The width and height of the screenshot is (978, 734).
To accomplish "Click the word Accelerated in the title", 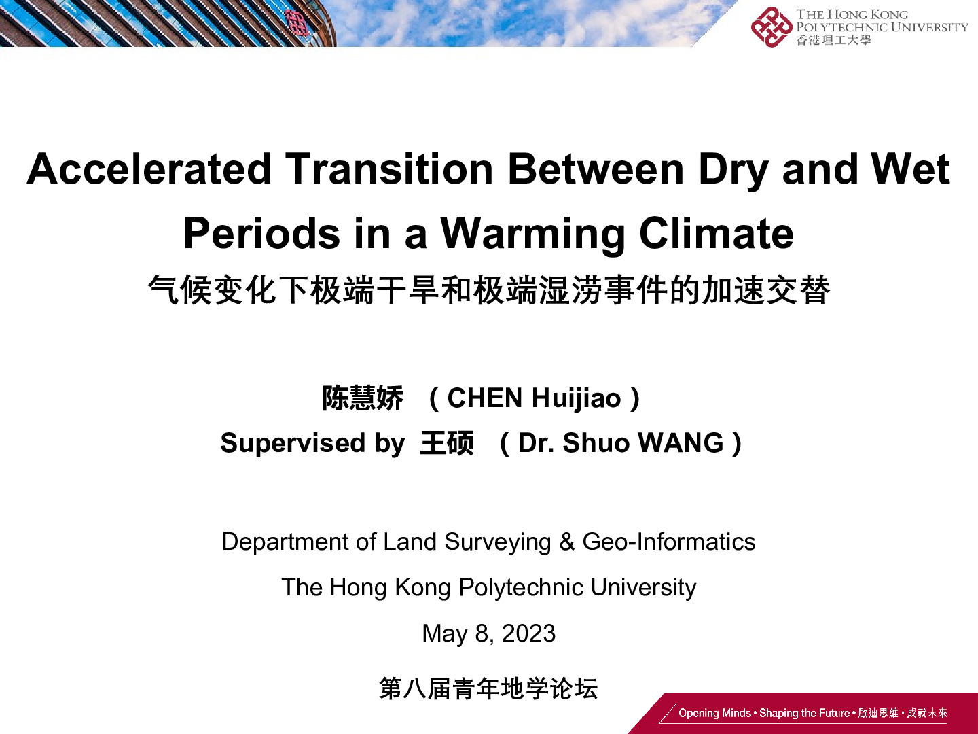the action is coord(149,169).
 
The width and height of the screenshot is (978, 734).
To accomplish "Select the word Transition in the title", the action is coord(389,169).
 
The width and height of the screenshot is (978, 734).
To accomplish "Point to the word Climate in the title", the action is coord(717,233).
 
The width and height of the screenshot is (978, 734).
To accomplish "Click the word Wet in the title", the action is coord(910,169).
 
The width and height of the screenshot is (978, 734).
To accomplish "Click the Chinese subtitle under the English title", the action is coord(489,290).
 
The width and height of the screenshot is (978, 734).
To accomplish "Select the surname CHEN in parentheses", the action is coord(484,398).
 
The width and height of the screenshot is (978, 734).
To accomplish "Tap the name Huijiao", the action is coord(576,398).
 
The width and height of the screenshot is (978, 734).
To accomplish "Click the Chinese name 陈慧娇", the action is coord(363,398).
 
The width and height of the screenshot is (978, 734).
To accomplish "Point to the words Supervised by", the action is coord(313,443).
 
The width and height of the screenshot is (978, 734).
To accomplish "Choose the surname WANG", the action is coord(681,442).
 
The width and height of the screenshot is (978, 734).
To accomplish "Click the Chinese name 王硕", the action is coord(447,442).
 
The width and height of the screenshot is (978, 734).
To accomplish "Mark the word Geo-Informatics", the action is coord(669,542).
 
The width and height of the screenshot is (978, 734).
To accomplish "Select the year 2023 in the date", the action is coord(528,633).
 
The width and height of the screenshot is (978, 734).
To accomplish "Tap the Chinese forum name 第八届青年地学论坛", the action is coord(488,688).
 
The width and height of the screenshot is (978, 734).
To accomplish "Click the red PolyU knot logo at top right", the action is coord(772,27).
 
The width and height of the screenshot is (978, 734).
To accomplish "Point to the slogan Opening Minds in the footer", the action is coord(714,713).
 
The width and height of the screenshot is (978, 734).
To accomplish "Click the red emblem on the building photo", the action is coord(297,22).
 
